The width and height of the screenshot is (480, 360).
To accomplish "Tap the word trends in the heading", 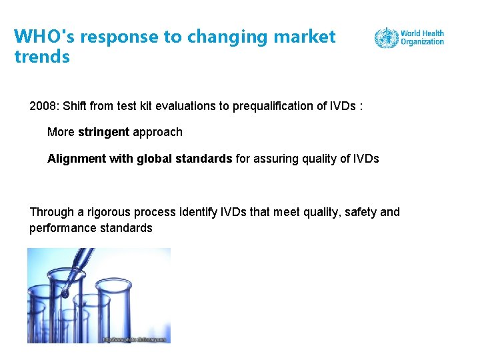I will point(42,57).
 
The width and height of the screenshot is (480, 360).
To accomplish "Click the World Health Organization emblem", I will point(385,37).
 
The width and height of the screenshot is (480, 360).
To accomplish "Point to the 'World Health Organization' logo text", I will point(422,37).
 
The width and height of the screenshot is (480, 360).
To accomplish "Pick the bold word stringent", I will point(103,132).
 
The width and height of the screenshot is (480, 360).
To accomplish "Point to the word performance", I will point(61,228).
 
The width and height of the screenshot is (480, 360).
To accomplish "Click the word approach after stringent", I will point(157,132).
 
